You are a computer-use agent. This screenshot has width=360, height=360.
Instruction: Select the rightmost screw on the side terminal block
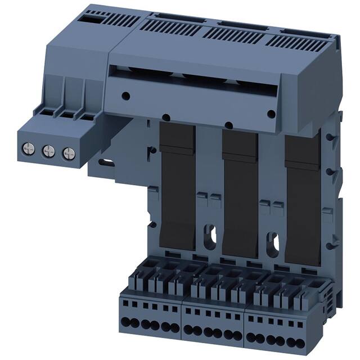pos(68,152)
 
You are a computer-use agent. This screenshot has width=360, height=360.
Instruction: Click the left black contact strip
pos(178,186)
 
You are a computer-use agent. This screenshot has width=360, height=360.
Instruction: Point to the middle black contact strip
pos(240,191)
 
